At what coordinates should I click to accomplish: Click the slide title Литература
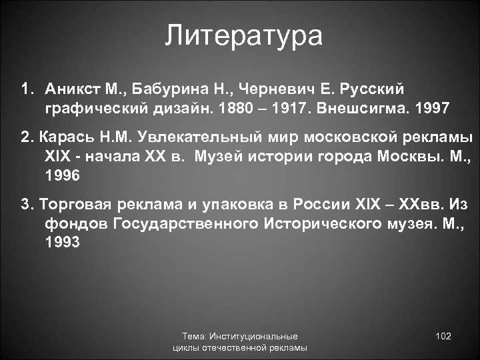coord(244,35)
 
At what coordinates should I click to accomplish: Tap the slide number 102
coord(443,336)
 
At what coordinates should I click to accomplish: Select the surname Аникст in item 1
coord(71,89)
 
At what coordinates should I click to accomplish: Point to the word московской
coord(338,139)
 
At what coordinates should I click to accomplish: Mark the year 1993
coord(63,243)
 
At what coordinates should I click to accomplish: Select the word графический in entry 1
coord(88,107)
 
